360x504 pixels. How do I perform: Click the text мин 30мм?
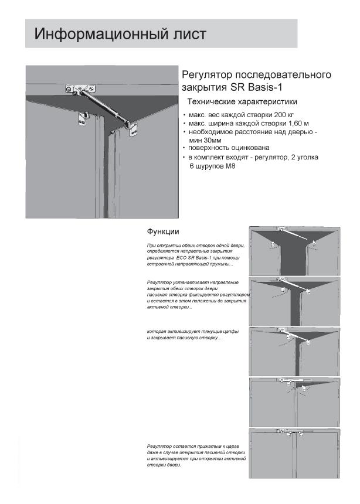[x=205, y=141]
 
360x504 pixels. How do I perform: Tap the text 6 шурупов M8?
[x=212, y=166]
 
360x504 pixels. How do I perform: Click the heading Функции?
[x=163, y=231]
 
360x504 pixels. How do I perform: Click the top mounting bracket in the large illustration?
[x=73, y=88]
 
